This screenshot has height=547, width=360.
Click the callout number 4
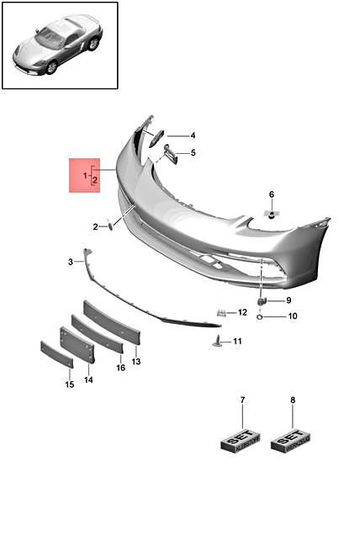pos(193,135)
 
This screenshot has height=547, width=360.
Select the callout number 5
pos(193,152)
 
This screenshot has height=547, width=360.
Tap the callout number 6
pos(272,194)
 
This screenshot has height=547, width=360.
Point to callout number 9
pos(289,300)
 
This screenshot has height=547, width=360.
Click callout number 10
pos(292,316)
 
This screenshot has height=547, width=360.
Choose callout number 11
pos(237,341)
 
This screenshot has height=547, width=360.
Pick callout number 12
pos(242,312)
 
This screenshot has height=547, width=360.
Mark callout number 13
pos(135,361)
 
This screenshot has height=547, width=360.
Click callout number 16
pos(120,368)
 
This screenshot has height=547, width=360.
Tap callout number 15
pos(70,385)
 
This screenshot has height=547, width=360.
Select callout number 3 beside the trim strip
pos(71,262)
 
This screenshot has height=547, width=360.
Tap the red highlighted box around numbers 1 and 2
pos(84,175)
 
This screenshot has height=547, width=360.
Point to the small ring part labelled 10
pos(261,316)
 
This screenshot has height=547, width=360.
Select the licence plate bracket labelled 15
pos(56,353)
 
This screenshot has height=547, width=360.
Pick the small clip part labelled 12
pos(220,312)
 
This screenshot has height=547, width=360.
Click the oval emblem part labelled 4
pos(156,138)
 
